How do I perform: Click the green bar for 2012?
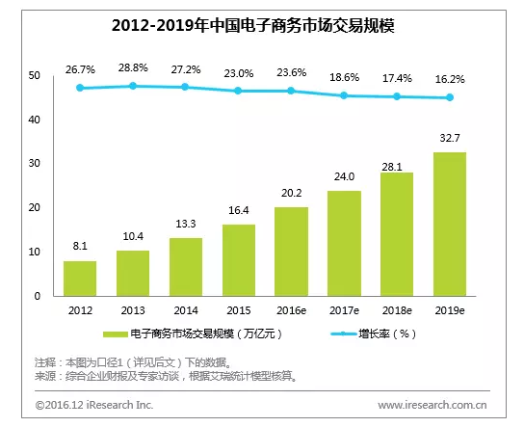coord(80,279)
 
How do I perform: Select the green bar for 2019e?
coord(449,224)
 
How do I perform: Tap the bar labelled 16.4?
coord(238,260)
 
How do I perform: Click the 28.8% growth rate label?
coord(133,70)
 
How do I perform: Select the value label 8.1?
coord(80,247)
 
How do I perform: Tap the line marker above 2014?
coord(185,87)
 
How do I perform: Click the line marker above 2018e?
coord(396,96)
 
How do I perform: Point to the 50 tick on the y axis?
coord(34,76)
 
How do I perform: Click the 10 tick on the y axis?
coord(34,253)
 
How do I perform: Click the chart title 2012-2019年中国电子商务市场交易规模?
coord(261,23)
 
